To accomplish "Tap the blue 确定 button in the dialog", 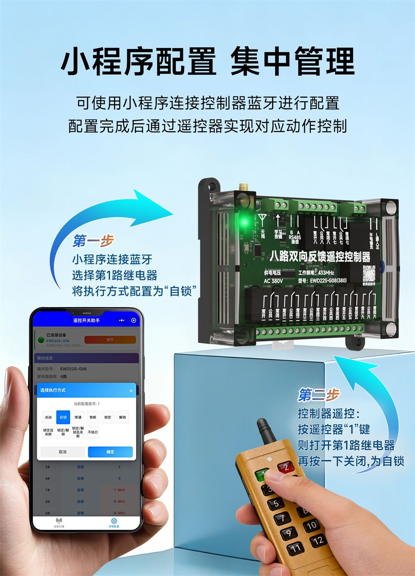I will coord(110,452).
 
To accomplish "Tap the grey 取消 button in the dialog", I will coord(63,452).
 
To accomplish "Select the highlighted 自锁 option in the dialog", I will coord(63,417).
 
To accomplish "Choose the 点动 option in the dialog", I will coord(48,417).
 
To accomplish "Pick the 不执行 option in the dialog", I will coord(93,432).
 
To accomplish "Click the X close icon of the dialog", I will coord(131,391).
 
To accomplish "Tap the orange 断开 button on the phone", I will coord(110,340).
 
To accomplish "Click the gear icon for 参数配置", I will coord(114,521).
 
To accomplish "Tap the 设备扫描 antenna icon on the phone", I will coord(59,521).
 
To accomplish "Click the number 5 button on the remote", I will coord(276,504).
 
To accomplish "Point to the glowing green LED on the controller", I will coord(244,222).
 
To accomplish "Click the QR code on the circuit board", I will coord(369,272).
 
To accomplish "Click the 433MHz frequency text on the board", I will coord(326,273).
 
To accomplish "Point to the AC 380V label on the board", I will coord(273,281).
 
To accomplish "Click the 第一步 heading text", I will coord(93,241).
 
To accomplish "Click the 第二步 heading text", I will coord(318,395).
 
